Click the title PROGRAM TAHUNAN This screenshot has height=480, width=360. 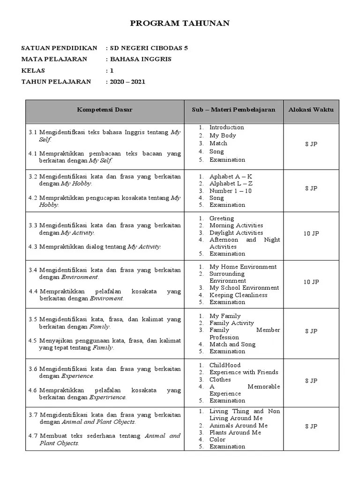pyautogui.click(x=180, y=23)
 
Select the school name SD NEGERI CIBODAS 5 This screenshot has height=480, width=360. pyautogui.click(x=149, y=48)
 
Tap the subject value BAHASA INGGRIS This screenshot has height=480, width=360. pyautogui.click(x=141, y=59)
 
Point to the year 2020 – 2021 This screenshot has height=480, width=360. pyautogui.click(x=127, y=82)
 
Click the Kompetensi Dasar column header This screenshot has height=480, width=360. pyautogui.click(x=105, y=110)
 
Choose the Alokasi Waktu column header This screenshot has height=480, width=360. pyautogui.click(x=311, y=110)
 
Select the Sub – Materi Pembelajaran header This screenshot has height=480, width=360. pyautogui.click(x=233, y=110)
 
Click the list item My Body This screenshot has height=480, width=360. pyautogui.click(x=223, y=135)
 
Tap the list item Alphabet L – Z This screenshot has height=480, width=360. pyautogui.click(x=231, y=184)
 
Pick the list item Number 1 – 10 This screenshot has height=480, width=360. pyautogui.click(x=230, y=191)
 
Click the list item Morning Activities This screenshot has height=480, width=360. pyautogui.click(x=236, y=225)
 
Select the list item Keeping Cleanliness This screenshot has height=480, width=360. pyautogui.click(x=238, y=295)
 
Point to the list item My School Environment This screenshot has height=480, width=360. pyautogui.click(x=244, y=288)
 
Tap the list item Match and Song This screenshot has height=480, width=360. pyautogui.click(x=232, y=344)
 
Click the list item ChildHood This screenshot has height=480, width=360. pyautogui.click(x=225, y=365)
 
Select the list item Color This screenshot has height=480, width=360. pyautogui.click(x=217, y=440)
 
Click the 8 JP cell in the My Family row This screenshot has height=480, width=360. pyautogui.click(x=311, y=331)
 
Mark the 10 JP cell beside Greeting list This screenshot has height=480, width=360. pyautogui.click(x=311, y=233)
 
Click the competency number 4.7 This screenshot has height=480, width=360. pyautogui.click(x=32, y=436)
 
